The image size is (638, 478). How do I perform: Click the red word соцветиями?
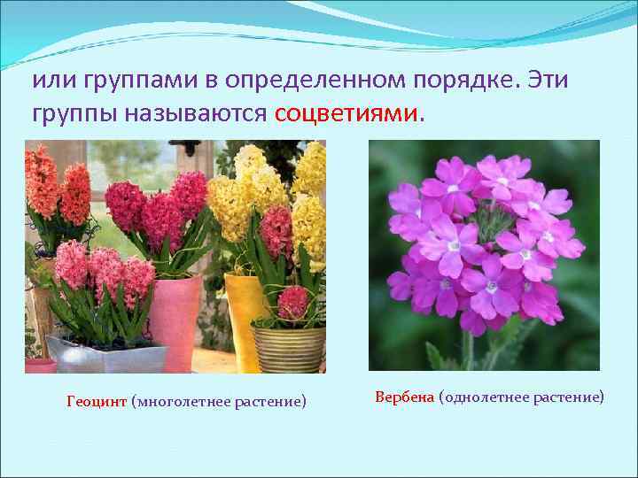[x=349, y=113]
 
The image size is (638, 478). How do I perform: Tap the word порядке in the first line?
[x=472, y=81]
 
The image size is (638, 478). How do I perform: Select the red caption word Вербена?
[x=404, y=397]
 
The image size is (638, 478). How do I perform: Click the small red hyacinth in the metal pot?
[x=292, y=303]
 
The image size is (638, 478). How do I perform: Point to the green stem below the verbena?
[x=468, y=350]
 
